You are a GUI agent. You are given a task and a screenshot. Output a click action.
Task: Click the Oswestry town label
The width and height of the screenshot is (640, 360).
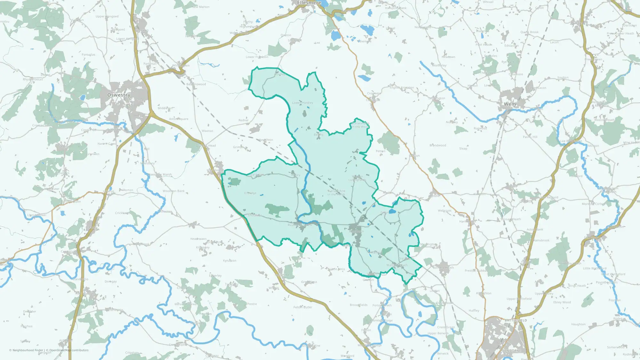[119, 95]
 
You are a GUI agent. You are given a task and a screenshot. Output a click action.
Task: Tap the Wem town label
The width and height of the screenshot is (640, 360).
[510, 104]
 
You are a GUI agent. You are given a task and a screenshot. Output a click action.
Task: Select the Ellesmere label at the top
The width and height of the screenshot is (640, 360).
[309, 3]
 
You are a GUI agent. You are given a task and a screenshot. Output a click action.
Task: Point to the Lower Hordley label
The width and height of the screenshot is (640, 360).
[302, 103]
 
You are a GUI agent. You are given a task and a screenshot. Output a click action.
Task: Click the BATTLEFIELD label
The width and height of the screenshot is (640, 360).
[516, 320]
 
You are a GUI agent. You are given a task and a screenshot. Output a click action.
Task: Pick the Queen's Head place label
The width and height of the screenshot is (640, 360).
[206, 146]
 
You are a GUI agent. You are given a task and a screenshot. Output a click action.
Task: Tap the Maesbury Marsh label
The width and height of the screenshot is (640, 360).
[160, 175]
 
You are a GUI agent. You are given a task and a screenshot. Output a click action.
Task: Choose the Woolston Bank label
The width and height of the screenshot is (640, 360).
[173, 191]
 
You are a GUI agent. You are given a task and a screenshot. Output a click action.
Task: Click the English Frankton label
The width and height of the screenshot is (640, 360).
[402, 87]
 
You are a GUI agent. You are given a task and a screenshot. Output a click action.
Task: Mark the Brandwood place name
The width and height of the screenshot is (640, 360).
[437, 145]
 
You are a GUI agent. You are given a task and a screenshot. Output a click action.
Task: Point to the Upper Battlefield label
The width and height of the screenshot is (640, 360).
[519, 299]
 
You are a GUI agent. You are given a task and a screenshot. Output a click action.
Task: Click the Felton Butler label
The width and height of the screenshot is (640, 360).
[303, 307]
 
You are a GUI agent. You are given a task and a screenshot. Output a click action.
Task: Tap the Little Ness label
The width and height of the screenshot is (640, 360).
[337, 269]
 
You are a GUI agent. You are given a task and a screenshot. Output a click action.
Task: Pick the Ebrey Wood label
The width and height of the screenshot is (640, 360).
[562, 302]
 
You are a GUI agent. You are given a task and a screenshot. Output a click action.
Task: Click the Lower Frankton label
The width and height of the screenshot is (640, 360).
[257, 57]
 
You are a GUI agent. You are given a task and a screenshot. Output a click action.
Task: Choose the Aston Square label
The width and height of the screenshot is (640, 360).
[179, 119]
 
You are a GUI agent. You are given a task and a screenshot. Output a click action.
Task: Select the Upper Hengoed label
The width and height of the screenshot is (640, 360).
[107, 16]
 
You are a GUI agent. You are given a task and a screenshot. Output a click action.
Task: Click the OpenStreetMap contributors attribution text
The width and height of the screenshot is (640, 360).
[69, 350]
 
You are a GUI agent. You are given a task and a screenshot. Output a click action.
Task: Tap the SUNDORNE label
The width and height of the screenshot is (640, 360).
[511, 351]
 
